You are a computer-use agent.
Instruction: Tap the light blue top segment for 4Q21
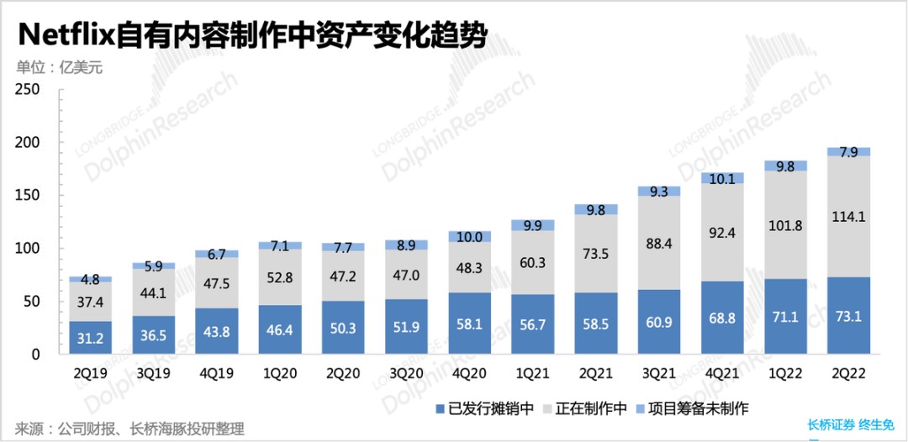(722, 178)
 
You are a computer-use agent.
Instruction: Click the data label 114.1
(848, 217)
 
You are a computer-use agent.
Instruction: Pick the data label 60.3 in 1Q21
(531, 263)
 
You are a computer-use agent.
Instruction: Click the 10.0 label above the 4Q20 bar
(468, 238)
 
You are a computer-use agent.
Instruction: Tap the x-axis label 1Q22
(785, 372)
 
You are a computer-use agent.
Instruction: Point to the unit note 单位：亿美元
(60, 68)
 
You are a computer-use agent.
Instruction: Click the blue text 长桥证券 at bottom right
(831, 425)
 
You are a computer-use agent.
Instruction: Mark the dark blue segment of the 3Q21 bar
(658, 322)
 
